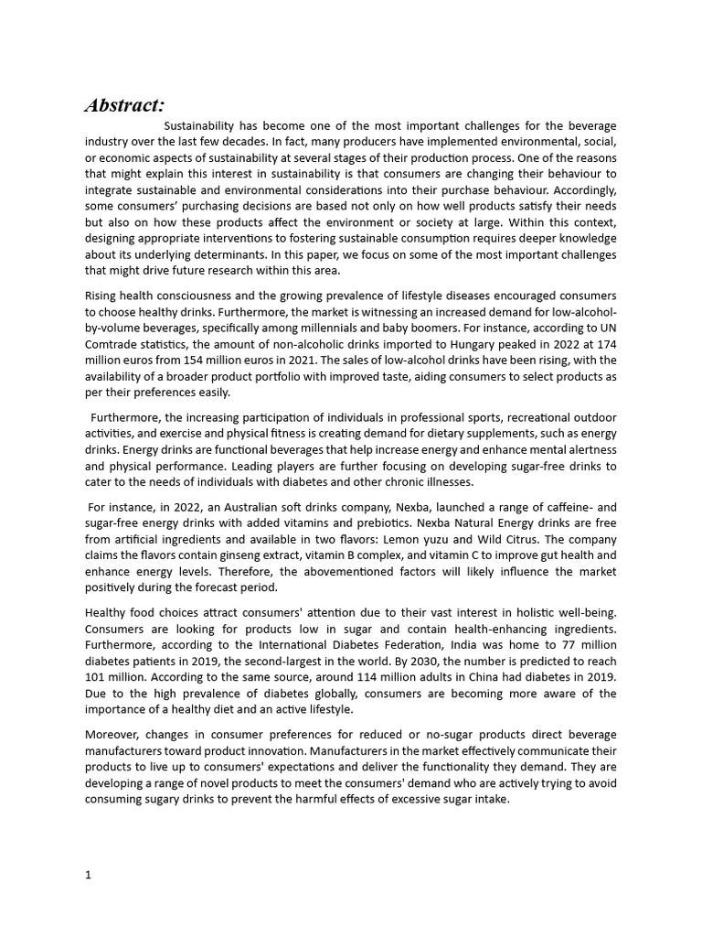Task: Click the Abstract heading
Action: point(125,105)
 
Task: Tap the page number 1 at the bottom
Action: point(88,875)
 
